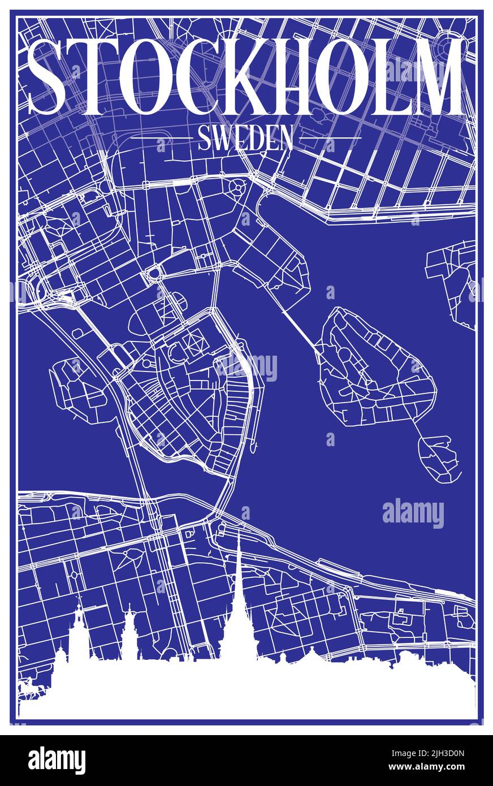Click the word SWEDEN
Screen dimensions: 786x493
pos(245,137)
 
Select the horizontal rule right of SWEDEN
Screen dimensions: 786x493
pos(330,137)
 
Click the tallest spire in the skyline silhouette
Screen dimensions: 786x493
pos(239,599)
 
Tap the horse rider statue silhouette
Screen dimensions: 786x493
pos(26,687)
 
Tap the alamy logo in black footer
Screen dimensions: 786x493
pos(57,761)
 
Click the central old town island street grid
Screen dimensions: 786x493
pos(181,396)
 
